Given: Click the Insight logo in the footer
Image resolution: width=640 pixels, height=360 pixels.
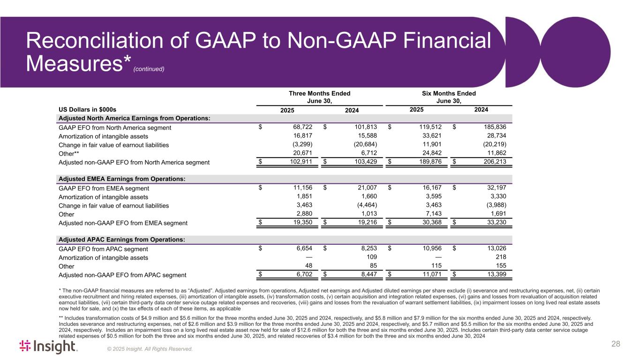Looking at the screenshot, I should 47,346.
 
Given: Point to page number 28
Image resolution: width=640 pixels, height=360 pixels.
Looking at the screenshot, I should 616,345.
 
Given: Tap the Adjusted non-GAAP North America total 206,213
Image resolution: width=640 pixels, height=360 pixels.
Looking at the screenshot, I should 496,162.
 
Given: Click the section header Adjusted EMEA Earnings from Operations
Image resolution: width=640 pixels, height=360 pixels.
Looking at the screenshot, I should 120,180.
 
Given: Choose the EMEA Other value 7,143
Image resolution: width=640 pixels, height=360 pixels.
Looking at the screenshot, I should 431,214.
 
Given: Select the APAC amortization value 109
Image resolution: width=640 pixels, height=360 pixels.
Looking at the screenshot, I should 371,257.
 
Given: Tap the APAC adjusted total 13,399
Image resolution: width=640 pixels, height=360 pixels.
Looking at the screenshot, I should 496,275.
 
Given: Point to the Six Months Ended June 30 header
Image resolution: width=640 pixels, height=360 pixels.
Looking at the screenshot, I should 449,97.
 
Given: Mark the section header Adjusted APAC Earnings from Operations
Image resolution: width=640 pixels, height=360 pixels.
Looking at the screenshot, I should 121,240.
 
